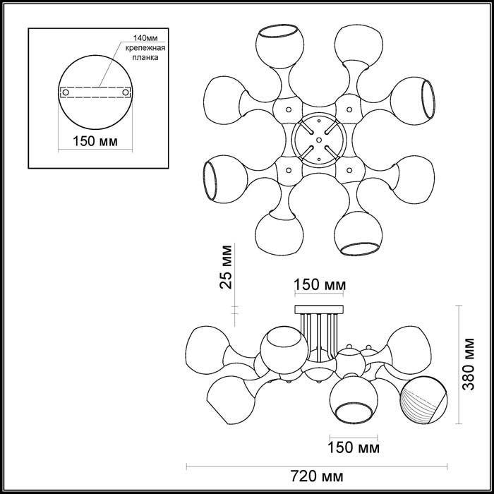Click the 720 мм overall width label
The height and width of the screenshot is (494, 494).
(317, 476)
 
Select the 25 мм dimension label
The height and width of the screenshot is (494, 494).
(226, 267)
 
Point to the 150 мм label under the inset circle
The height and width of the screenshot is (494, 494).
(95, 141)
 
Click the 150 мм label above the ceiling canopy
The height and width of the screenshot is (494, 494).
(320, 285)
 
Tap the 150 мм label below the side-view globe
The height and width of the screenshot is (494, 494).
(354, 447)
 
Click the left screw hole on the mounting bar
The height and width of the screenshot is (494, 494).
(66, 92)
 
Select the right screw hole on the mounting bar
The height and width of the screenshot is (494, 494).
(126, 92)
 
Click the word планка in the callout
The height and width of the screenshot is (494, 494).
(145, 58)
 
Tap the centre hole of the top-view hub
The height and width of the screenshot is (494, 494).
(319, 140)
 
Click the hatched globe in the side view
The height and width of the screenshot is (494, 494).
(423, 400)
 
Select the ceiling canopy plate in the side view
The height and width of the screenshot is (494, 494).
(319, 309)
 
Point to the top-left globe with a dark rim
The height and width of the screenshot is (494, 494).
(279, 47)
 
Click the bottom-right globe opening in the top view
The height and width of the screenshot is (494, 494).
(359, 248)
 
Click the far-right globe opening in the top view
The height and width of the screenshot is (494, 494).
(428, 99)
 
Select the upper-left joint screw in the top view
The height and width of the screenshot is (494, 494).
(289, 109)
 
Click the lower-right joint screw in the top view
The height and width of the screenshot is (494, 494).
(349, 171)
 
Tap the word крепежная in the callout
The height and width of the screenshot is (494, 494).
(145, 48)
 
